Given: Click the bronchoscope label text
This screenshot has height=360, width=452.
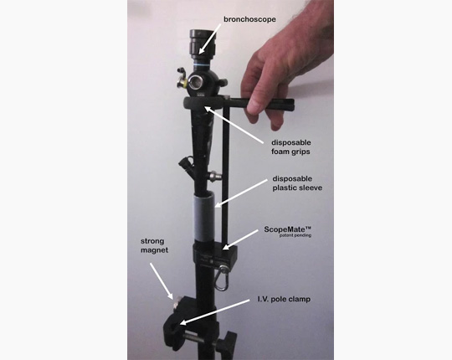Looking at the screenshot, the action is [249, 19].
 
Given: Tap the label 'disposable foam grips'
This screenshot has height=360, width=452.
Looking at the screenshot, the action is [290, 147].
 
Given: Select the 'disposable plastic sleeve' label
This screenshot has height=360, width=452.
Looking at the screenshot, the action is [297, 183].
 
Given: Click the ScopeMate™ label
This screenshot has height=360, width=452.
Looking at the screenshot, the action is [288, 229].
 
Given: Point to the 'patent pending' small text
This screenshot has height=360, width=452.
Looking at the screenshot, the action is [295, 235].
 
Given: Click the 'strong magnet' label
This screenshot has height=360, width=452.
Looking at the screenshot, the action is [154, 245].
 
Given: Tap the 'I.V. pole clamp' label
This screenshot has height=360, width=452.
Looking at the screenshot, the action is [284, 299].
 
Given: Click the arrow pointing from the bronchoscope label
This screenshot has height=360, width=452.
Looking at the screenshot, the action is [210, 39].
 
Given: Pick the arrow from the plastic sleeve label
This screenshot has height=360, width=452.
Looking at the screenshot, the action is [241, 193].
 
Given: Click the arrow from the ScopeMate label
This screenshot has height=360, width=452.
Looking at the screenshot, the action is [240, 239].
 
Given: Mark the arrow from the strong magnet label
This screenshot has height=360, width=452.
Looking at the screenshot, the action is [162, 281].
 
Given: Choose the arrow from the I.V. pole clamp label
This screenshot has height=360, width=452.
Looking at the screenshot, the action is [214, 312].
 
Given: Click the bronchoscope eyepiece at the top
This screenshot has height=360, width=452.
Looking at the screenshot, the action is [202, 44].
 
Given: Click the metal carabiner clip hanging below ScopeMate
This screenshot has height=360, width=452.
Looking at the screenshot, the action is [222, 278].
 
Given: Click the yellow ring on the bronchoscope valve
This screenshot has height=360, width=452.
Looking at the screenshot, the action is [183, 84].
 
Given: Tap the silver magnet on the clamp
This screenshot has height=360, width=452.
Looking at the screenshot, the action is [176, 301].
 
